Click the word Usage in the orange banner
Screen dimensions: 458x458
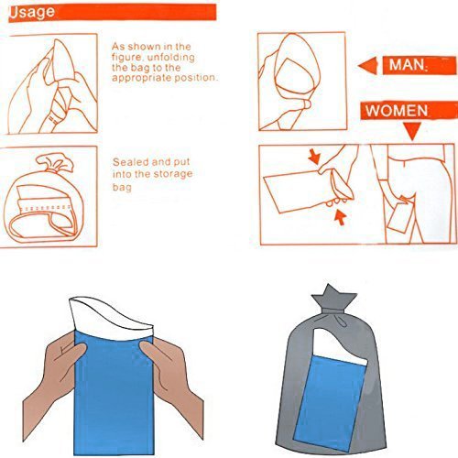[32, 13]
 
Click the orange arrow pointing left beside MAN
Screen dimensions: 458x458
[367, 65]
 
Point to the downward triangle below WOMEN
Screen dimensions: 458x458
[412, 130]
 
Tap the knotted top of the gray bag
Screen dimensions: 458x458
[333, 301]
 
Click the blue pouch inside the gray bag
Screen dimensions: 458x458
[328, 403]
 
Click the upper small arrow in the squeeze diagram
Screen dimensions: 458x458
[314, 156]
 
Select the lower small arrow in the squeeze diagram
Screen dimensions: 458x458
[340, 217]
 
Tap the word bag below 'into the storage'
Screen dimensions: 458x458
[122, 187]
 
